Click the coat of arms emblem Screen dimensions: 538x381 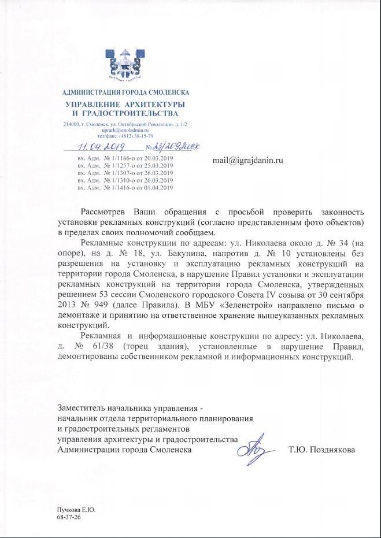tap(125, 64)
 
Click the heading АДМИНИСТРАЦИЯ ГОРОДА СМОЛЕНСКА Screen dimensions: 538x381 tap(125, 92)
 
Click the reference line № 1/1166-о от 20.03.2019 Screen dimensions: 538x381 tap(125, 158)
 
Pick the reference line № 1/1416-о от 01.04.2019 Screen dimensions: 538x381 tap(125, 188)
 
